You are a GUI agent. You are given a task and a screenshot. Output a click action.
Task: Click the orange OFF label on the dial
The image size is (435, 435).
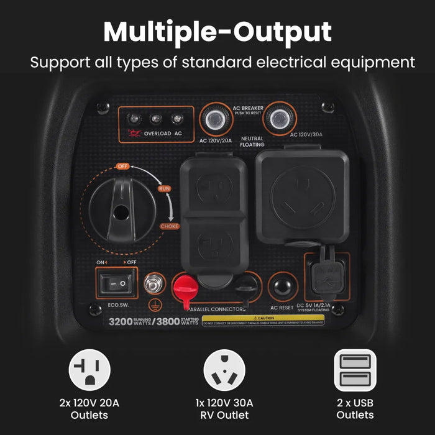tap(122, 167)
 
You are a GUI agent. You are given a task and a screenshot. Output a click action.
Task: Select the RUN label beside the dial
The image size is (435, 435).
tap(165, 188)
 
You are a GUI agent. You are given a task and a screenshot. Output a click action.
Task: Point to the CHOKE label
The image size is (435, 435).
tap(170, 226)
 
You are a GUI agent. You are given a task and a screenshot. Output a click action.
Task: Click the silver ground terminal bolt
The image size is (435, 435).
tap(150, 285)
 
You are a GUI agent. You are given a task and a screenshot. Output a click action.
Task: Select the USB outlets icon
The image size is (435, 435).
tap(355, 370)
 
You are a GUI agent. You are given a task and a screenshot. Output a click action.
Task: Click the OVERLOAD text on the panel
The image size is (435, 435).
tap(157, 133)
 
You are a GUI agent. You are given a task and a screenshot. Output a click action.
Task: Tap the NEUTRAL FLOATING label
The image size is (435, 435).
tap(252, 140)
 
